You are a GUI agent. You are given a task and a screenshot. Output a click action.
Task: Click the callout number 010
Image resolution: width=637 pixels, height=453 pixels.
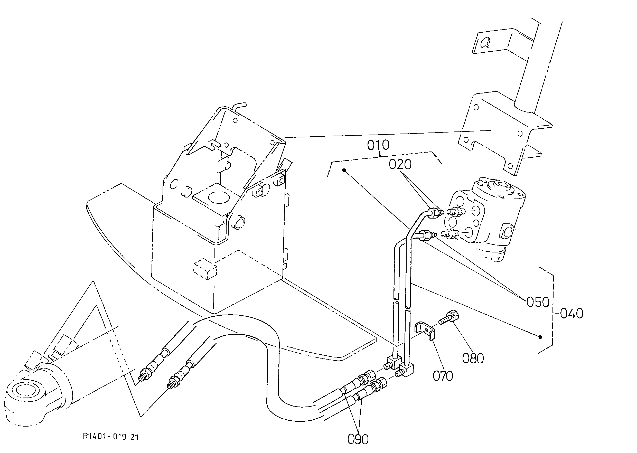click(378, 145)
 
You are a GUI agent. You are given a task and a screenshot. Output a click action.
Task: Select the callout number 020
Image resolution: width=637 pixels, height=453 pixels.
click(400, 165)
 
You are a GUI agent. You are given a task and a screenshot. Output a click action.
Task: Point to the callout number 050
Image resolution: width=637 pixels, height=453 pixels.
click(538, 302)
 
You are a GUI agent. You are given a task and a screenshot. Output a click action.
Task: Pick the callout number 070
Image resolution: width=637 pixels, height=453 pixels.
click(443, 376)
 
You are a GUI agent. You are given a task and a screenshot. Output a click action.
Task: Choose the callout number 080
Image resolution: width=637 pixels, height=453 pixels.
click(473, 358)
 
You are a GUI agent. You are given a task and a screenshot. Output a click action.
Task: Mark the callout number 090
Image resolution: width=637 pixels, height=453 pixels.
click(358, 439)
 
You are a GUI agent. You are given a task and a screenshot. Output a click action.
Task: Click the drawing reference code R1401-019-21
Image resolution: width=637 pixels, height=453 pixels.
click(111, 437)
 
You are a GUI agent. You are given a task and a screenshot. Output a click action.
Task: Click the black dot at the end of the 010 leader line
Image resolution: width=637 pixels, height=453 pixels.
click(344, 170)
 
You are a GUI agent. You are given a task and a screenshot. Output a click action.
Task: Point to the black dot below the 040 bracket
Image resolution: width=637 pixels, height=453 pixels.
click(540, 337)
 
